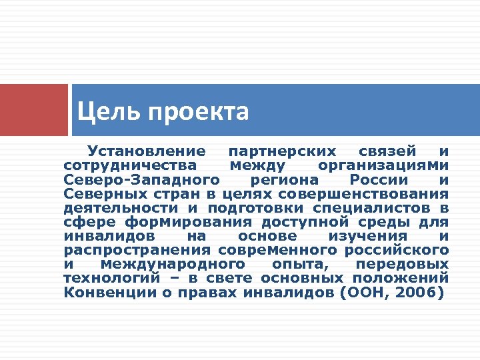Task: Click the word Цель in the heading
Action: pyautogui.click(x=100, y=111)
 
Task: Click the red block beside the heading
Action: pyautogui.click(x=33, y=109)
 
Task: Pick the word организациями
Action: pyautogui.click(x=383, y=165)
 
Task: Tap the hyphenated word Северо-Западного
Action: pyautogui.click(x=142, y=180)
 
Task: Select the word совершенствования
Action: pyautogui.click(x=364, y=194)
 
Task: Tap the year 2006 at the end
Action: pyautogui.click(x=420, y=292)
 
